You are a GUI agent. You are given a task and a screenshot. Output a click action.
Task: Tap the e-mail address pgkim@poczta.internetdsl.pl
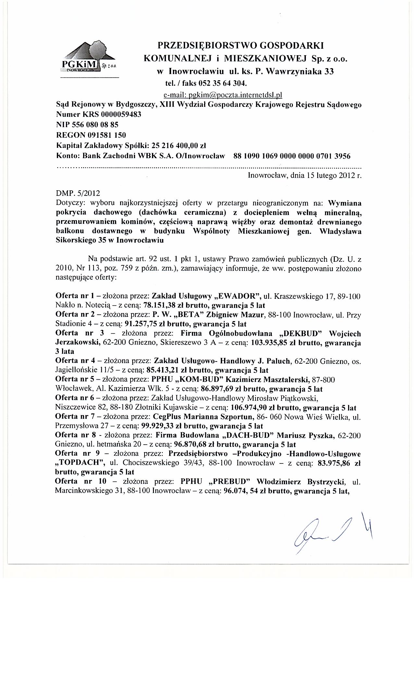click(223, 95)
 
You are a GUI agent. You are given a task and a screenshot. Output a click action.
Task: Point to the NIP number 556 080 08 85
click(96, 125)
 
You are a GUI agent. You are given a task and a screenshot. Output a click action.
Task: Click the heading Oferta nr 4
click(74, 361)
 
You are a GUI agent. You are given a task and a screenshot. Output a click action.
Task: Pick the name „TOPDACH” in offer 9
click(77, 463)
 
